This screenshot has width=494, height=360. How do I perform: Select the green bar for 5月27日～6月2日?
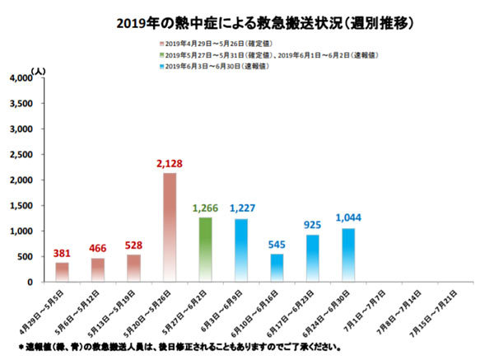click(206, 249)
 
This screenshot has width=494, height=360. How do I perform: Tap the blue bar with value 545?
click(276, 268)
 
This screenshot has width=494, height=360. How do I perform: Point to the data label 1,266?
click(206, 208)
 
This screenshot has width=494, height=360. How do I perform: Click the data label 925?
click(312, 224)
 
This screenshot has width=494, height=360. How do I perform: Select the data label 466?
click(98, 247)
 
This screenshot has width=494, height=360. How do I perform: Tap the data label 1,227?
click(241, 209)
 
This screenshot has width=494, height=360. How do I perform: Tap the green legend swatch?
click(161, 54)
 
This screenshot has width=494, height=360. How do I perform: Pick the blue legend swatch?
click(161, 65)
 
